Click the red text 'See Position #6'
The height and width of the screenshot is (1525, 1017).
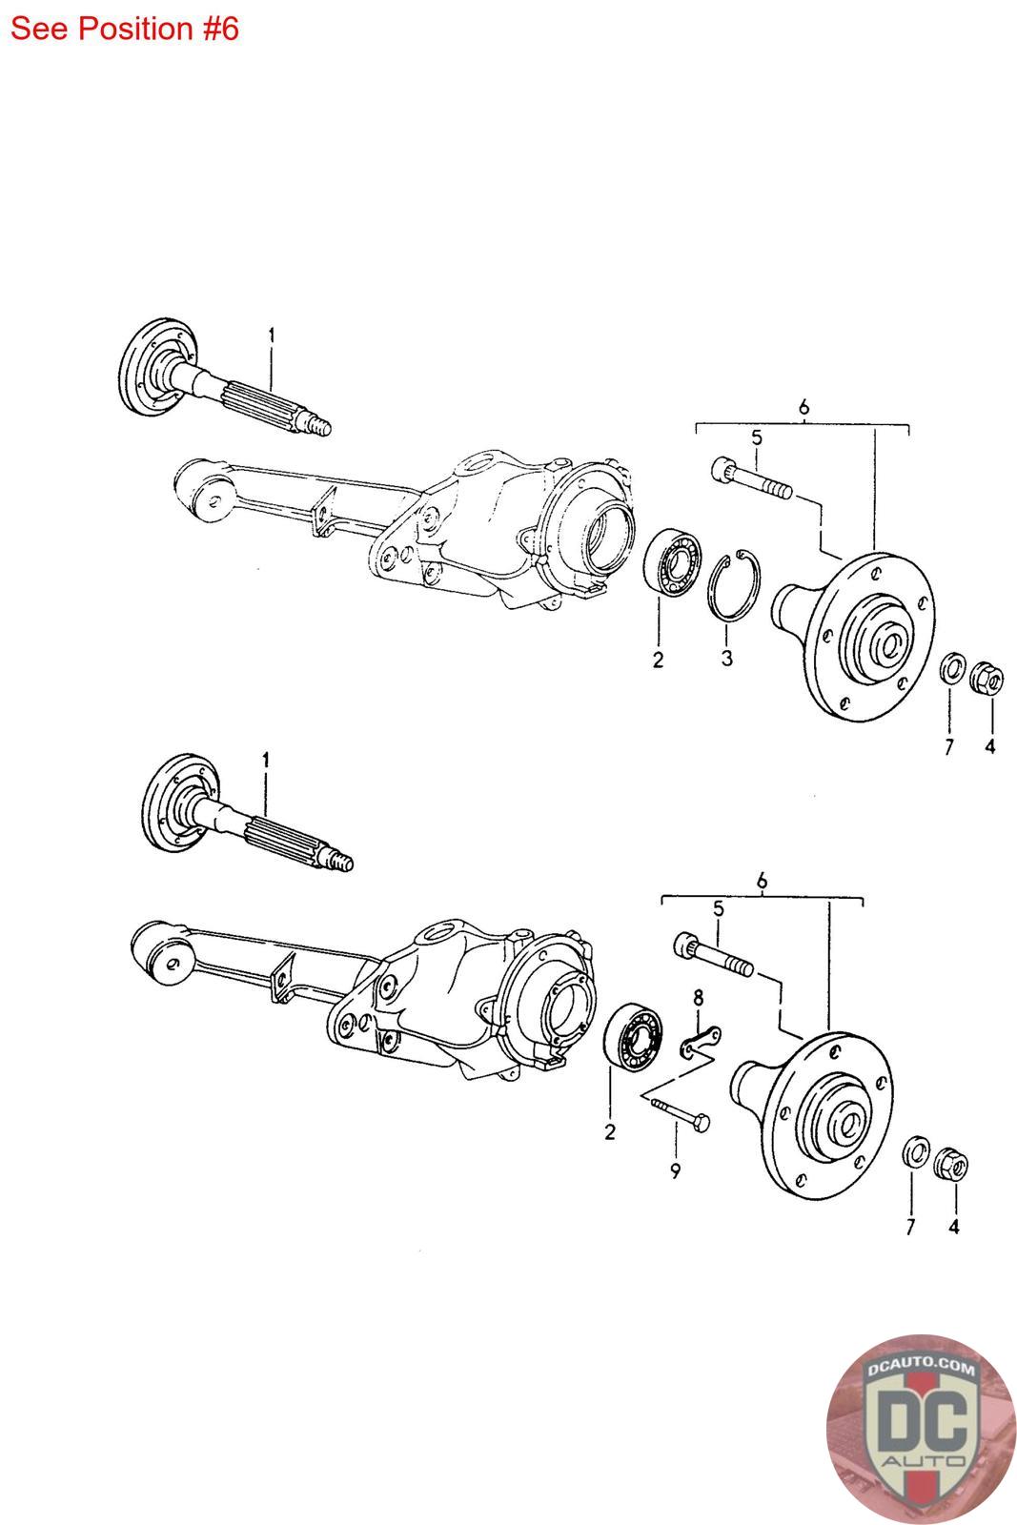click(x=124, y=29)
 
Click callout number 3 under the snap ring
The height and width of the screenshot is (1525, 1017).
click(x=726, y=658)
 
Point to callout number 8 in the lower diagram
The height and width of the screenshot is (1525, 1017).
click(x=699, y=998)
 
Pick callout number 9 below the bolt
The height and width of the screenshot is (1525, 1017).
click(x=675, y=1170)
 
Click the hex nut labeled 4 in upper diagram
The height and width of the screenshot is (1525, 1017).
click(x=985, y=679)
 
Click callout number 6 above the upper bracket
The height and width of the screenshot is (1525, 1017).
click(x=803, y=407)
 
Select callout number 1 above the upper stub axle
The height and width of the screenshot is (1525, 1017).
click(x=272, y=335)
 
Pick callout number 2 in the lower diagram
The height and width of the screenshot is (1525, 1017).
click(x=609, y=1132)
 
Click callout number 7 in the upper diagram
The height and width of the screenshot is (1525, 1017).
click(x=948, y=747)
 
